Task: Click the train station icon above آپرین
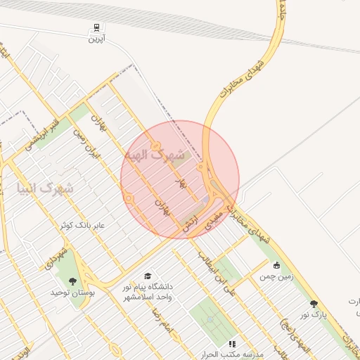coord(95,28)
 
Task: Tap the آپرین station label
coord(96,39)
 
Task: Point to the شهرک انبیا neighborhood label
coord(44,188)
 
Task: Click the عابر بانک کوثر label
coord(82,225)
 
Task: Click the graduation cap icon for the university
coord(148,276)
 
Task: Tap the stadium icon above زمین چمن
coord(277,265)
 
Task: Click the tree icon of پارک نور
coord(314,304)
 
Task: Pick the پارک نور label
coord(313,315)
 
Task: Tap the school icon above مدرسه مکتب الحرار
coord(232,344)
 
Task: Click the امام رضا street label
coord(165,323)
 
